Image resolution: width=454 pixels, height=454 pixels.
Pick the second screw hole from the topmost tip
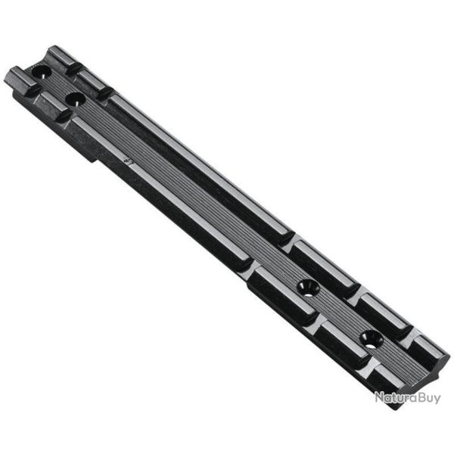click(74, 98)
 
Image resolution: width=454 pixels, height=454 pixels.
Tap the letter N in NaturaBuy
click(379, 396)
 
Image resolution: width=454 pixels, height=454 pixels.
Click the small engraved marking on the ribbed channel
click(127, 160)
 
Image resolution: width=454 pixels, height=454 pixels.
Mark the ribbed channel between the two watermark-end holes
click(338, 313)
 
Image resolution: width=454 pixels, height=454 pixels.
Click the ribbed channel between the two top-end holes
click(57, 86)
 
